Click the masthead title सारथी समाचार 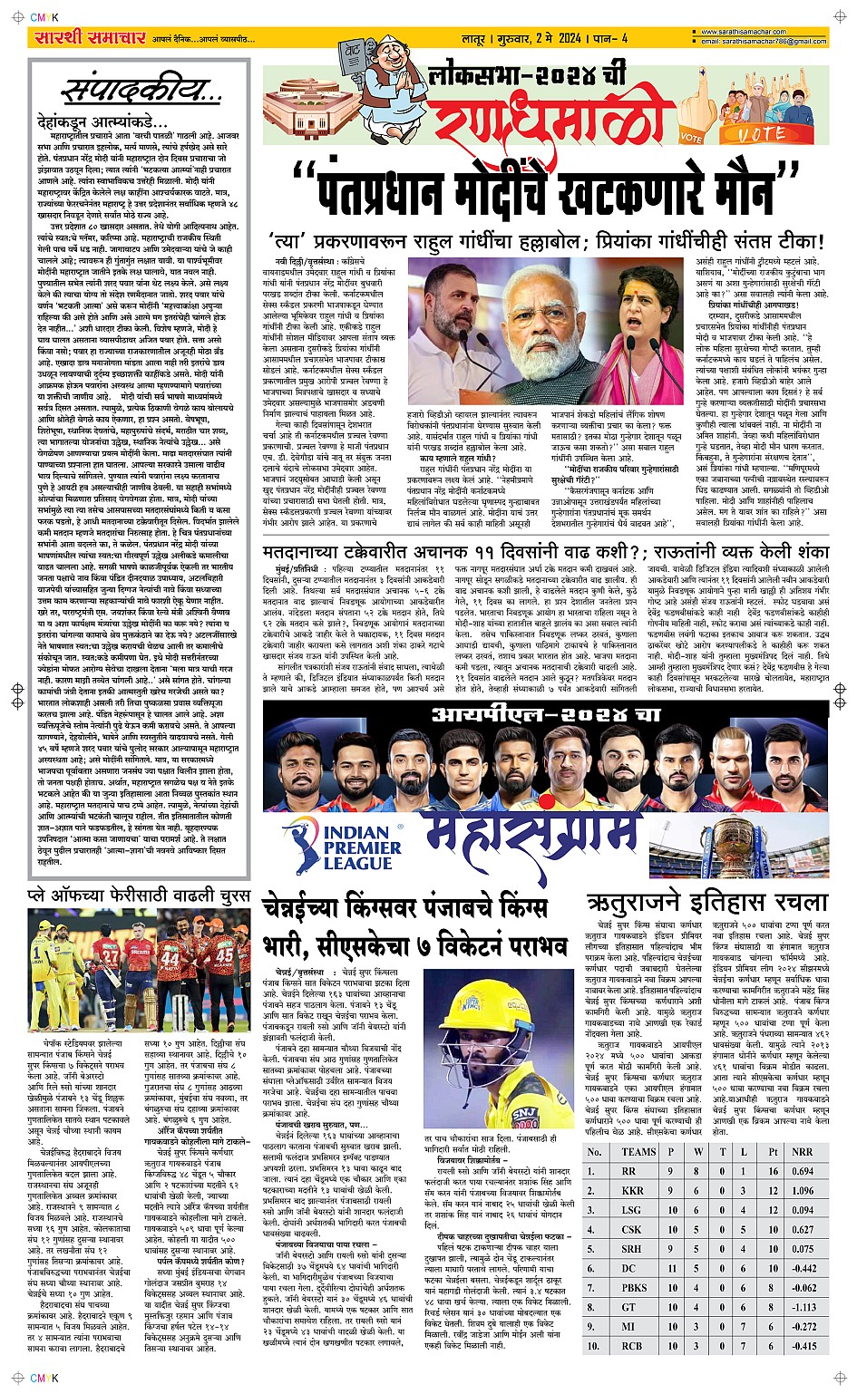pos(89,38)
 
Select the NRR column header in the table pos(802,1152)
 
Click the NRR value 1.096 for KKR pos(802,1190)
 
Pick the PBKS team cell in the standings pos(634,1287)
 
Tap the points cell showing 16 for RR pos(774,1171)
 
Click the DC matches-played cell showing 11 pos(672,1268)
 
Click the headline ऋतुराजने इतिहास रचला pos(706,902)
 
